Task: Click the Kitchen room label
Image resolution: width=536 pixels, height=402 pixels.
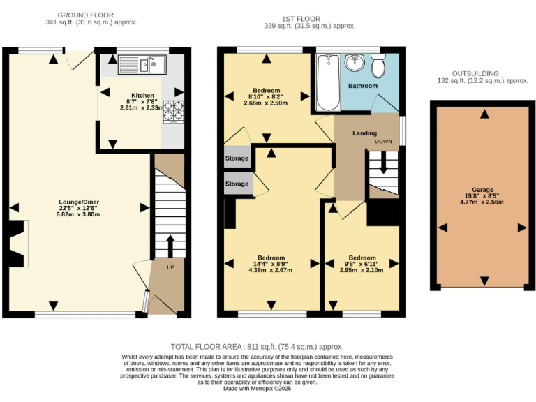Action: [x=142, y=96]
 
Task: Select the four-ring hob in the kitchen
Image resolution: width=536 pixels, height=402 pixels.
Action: [x=172, y=110]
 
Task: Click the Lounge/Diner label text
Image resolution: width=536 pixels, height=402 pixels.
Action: [x=79, y=202]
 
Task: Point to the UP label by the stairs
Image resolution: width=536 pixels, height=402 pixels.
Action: [x=170, y=267]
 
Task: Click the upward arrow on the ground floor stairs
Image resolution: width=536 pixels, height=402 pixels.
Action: [x=169, y=246]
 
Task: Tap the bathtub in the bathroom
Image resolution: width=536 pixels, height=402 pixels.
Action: [x=327, y=83]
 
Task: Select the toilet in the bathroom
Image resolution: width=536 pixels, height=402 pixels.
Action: [x=378, y=67]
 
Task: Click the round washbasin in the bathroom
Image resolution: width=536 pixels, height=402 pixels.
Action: [x=354, y=63]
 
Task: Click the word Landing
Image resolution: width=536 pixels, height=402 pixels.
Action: [x=364, y=133]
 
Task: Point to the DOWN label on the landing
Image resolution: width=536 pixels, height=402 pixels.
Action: [x=383, y=141]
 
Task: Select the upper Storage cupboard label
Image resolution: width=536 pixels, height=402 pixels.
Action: [x=237, y=158]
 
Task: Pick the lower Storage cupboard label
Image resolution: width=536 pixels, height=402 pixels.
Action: [x=237, y=184]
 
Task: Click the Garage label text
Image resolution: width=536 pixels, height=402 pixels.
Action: [x=482, y=190]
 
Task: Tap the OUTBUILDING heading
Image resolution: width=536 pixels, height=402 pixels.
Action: [x=480, y=73]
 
